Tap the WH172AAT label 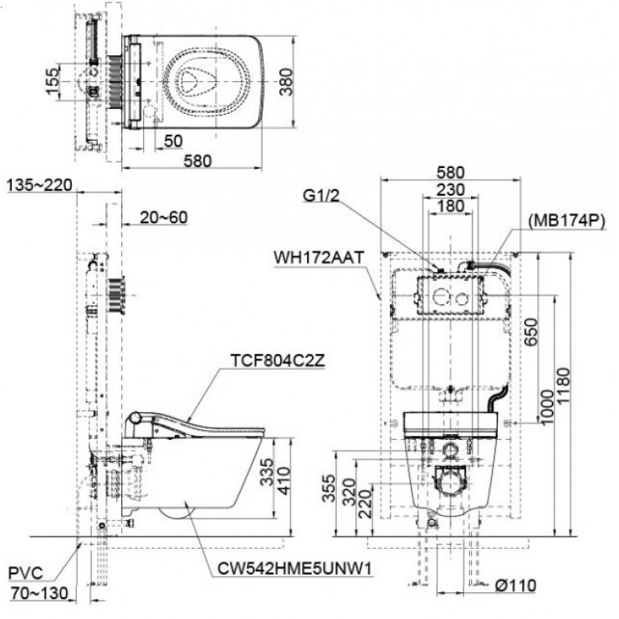[318, 257]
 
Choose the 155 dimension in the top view [53, 82]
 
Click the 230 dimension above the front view [451, 189]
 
